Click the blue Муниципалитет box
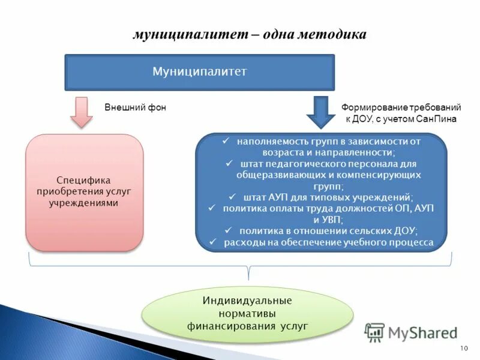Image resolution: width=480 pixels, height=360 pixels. click(x=199, y=72)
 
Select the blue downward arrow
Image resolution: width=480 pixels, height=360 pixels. click(x=321, y=112)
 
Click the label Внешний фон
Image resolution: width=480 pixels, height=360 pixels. click(x=135, y=107)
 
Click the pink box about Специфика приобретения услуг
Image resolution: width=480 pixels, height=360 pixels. click(x=85, y=192)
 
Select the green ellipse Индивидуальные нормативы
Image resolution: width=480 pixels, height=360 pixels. click(x=247, y=313)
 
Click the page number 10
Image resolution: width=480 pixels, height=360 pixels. click(x=463, y=349)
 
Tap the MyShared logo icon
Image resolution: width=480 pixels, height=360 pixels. click(x=374, y=332)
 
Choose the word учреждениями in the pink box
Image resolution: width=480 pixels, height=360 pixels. click(x=84, y=203)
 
